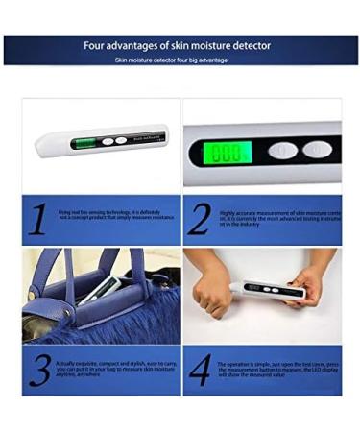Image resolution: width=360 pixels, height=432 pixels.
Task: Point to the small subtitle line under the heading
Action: tap(180, 60)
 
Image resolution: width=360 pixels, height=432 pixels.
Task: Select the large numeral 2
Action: tap(199, 219)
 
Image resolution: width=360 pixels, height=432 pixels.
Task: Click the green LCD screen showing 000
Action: tap(227, 152)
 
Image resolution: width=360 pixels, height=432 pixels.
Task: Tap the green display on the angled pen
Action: tap(84, 143)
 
